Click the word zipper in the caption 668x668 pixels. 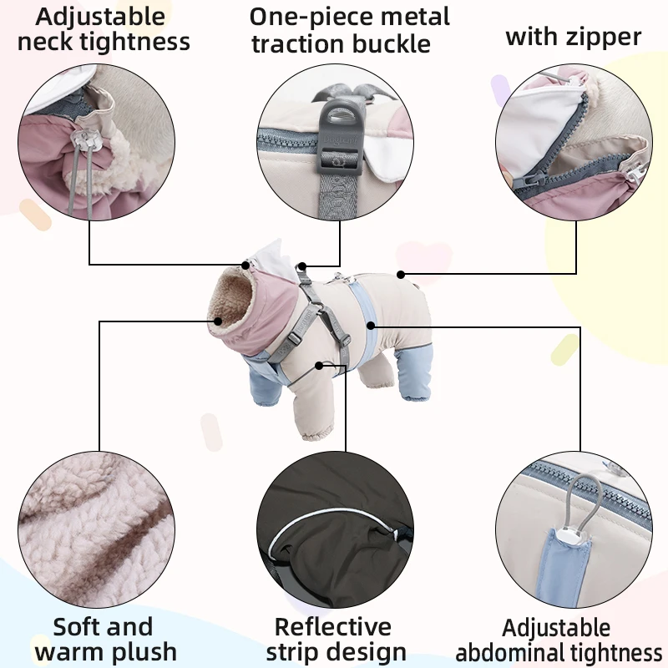(603, 38)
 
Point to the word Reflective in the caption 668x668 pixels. (332, 627)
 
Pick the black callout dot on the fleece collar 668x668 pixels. (218, 321)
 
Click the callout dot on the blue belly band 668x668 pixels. (371, 326)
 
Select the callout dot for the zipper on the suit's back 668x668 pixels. (401, 275)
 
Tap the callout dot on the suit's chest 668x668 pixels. (319, 366)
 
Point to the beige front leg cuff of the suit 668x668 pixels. (316, 430)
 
